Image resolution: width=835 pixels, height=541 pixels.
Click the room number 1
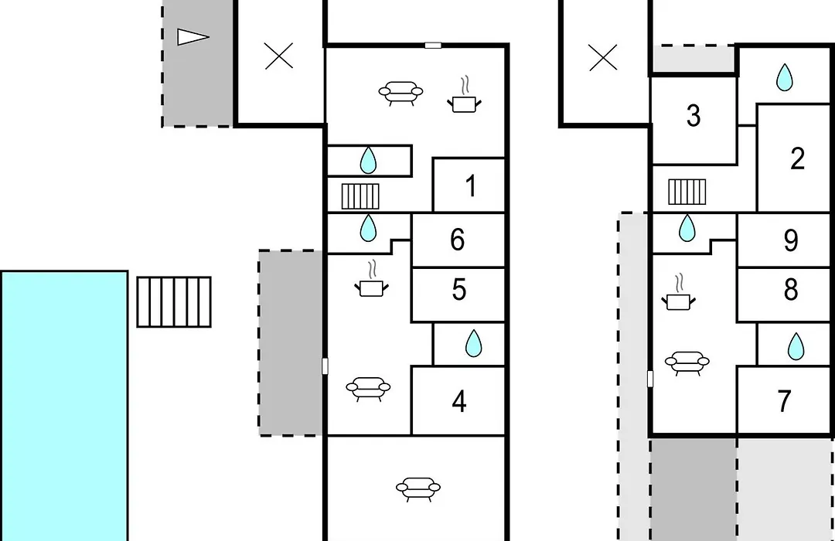(x=470, y=186)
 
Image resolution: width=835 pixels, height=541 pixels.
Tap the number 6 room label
(x=458, y=240)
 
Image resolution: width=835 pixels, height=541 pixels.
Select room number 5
(x=459, y=290)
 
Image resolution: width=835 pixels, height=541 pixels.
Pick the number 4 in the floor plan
(x=459, y=401)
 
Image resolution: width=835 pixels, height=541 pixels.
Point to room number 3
(x=693, y=116)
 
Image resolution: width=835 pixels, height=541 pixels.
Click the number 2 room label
(x=797, y=158)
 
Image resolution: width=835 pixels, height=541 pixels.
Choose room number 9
(x=791, y=240)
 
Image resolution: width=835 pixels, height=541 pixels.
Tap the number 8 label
(x=791, y=290)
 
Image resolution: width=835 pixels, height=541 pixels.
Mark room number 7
(x=784, y=401)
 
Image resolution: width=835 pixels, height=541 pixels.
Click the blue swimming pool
(x=64, y=406)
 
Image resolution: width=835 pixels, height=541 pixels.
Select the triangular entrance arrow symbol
(x=193, y=37)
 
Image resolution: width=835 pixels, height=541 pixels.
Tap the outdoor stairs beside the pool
(x=174, y=301)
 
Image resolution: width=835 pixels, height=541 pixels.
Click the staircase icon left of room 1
(x=360, y=196)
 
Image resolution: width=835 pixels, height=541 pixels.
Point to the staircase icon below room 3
(x=687, y=192)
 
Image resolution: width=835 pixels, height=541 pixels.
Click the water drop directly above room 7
(x=796, y=346)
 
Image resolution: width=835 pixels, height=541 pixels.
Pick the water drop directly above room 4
(x=473, y=343)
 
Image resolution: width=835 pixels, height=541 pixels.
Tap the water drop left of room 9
(x=687, y=228)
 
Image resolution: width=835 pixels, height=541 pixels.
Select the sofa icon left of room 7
(x=687, y=363)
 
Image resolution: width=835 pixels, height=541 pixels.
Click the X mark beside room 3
(x=603, y=57)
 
